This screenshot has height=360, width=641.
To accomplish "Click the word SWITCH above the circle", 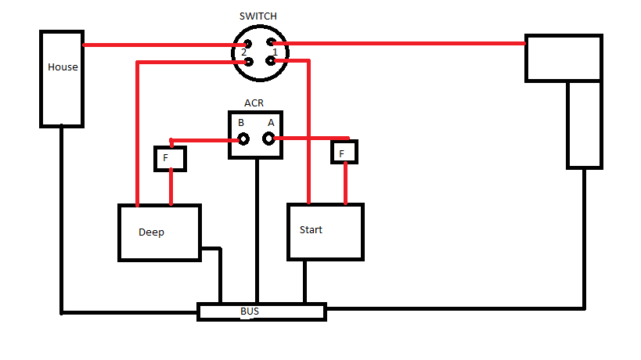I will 257,16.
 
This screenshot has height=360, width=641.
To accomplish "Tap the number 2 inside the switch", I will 244,52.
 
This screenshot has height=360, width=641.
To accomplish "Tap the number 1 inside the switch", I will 275,52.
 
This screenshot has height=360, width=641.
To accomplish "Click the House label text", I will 63,67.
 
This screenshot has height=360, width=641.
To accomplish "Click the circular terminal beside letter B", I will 244,139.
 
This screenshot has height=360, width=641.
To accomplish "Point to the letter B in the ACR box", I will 241,123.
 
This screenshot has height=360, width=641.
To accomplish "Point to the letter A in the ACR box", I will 271,123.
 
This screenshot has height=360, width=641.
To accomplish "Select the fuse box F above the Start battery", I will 344,152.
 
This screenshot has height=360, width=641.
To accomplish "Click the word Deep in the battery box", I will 151,232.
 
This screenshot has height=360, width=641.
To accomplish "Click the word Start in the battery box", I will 311,230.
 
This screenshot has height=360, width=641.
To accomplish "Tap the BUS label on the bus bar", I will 250,311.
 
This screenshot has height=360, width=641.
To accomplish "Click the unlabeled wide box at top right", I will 564,58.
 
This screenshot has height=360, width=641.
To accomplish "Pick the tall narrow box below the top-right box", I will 585,124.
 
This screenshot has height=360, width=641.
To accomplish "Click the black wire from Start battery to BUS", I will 305,282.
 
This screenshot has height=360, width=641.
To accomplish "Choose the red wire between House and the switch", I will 157,45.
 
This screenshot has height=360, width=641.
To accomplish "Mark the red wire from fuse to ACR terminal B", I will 203,140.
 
